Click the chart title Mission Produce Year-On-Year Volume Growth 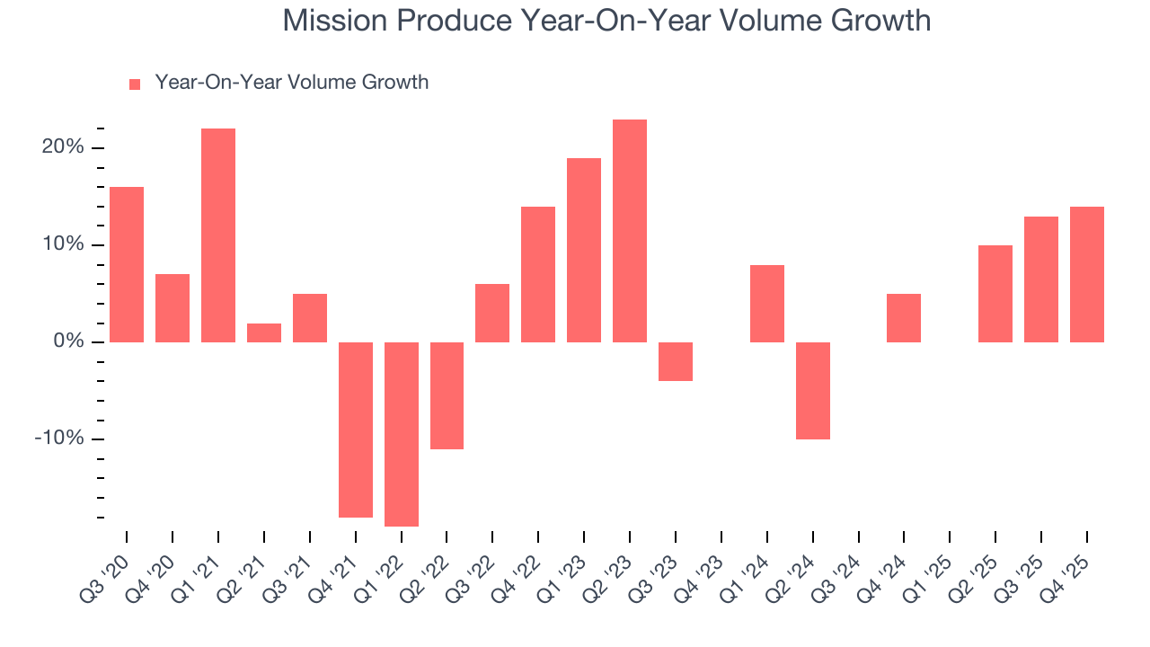tap(606, 20)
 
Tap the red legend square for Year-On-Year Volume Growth tap(135, 84)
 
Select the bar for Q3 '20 tap(127, 264)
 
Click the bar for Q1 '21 tap(218, 235)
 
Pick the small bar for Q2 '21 tap(264, 332)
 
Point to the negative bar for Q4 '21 tap(356, 430)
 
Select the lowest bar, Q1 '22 tap(402, 434)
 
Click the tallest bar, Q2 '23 tap(630, 231)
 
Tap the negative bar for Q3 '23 tap(676, 361)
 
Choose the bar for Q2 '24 tap(813, 391)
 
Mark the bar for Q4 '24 tap(904, 318)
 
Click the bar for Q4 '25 tap(1087, 274)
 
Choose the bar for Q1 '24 tap(767, 304)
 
